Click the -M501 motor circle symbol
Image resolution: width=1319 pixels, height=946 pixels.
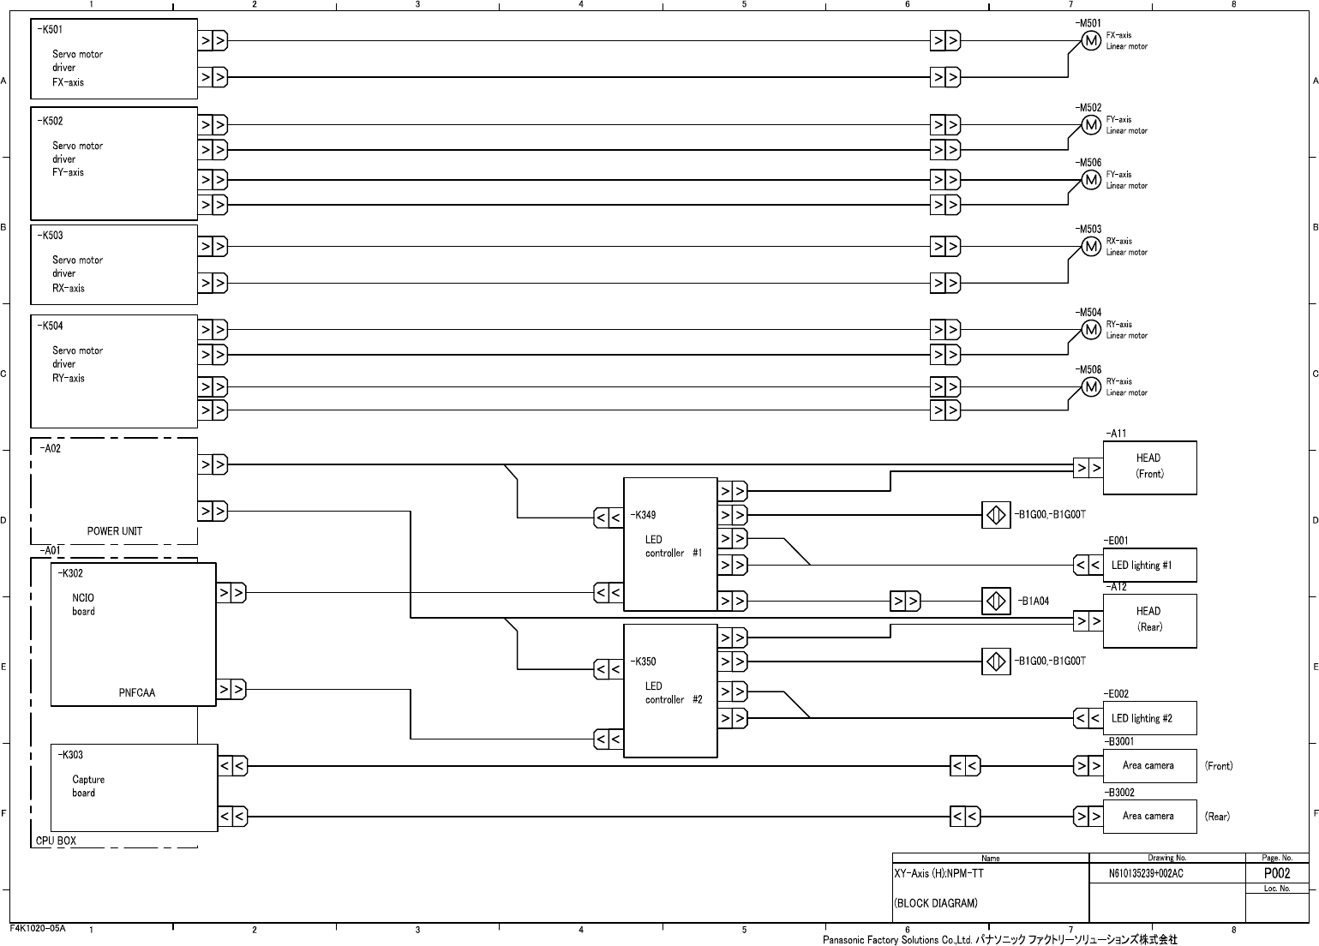pyautogui.click(x=1090, y=41)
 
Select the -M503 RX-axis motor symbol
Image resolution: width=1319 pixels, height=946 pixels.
pyautogui.click(x=1091, y=247)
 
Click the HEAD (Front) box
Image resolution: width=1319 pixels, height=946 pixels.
pyautogui.click(x=1149, y=468)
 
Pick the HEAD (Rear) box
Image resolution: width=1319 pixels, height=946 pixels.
pyautogui.click(x=1149, y=620)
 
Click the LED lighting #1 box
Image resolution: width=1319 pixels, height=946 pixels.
pyautogui.click(x=1149, y=566)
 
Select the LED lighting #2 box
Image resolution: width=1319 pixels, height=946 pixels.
pyautogui.click(x=1149, y=718)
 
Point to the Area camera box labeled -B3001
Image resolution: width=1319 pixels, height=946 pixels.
pyautogui.click(x=1149, y=765)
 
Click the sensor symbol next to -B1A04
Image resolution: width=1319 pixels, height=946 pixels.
pyautogui.click(x=996, y=602)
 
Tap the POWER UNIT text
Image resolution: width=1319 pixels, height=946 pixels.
pyautogui.click(x=115, y=531)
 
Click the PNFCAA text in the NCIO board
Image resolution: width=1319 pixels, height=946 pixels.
pyautogui.click(x=137, y=693)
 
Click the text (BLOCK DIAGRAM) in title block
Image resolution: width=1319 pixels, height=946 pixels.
pyautogui.click(x=935, y=903)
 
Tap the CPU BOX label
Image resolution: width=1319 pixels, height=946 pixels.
pyautogui.click(x=56, y=841)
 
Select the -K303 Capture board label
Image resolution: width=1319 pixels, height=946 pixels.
pyautogui.click(x=70, y=755)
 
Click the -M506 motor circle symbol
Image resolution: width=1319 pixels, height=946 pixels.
pyautogui.click(x=1091, y=180)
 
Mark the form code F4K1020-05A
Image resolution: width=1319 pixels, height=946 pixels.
pyautogui.click(x=38, y=928)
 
